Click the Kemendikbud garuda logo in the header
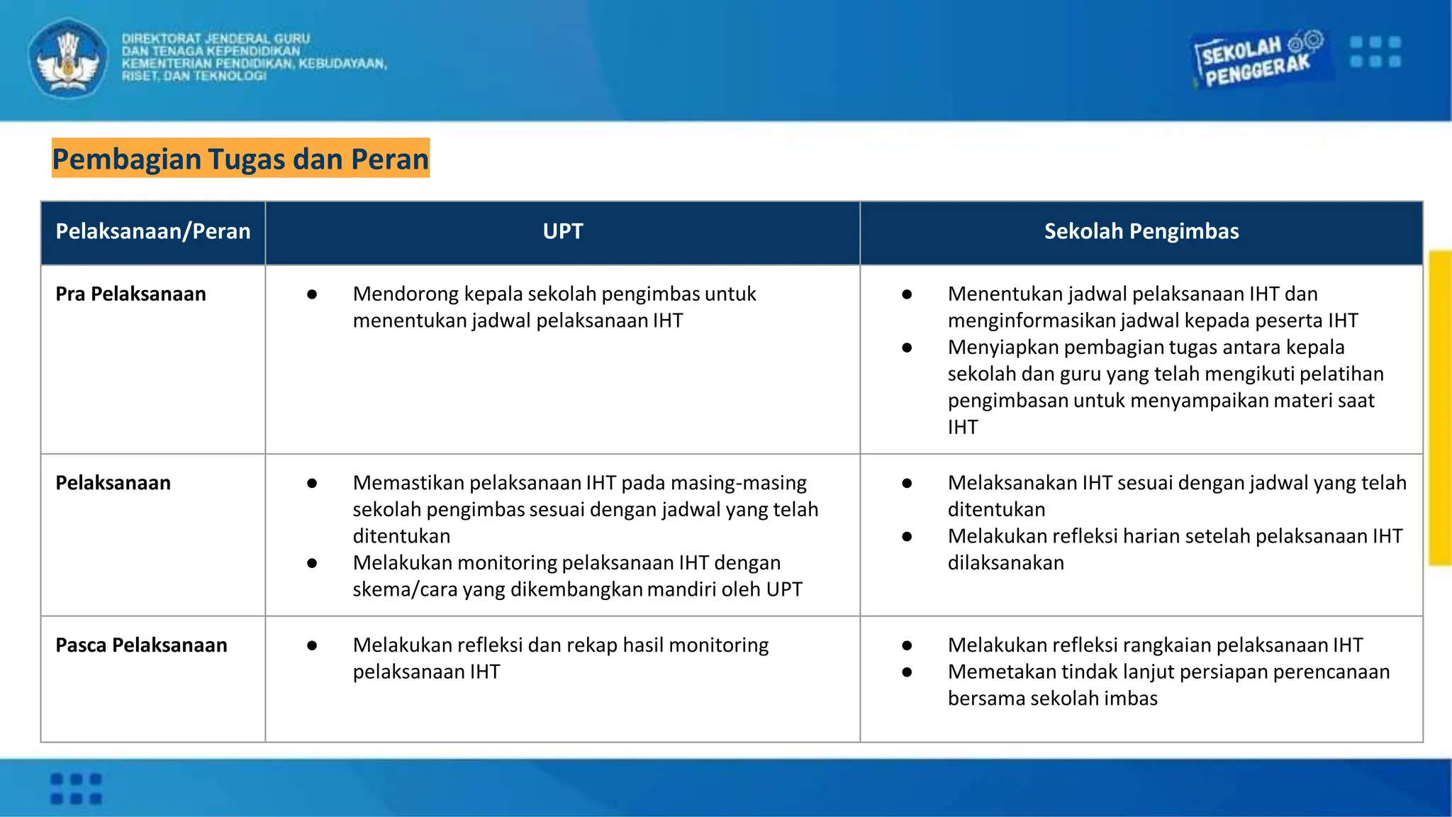(x=68, y=58)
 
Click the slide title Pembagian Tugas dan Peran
(x=240, y=158)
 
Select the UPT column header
(x=562, y=231)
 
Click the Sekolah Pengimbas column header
(x=1141, y=231)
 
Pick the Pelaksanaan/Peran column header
(x=153, y=231)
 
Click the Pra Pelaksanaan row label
(x=130, y=294)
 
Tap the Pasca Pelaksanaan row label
(x=141, y=645)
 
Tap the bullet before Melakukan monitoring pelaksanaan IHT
(x=312, y=563)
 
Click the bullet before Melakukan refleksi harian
(x=907, y=537)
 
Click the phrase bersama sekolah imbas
(x=1052, y=698)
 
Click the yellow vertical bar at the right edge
(x=1440, y=408)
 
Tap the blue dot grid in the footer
(x=76, y=789)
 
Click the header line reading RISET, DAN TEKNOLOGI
(x=194, y=76)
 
